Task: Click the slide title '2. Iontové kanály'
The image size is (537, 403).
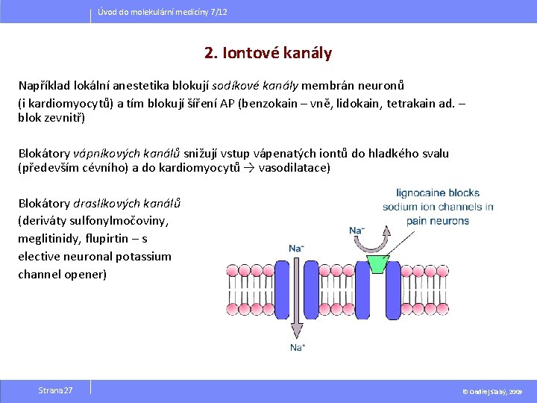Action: click(x=268, y=53)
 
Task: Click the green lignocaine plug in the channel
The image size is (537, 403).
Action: click(x=378, y=263)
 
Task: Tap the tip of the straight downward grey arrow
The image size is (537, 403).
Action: click(x=296, y=337)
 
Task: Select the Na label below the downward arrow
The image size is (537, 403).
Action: click(x=297, y=348)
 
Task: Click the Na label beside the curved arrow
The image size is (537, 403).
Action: click(x=357, y=231)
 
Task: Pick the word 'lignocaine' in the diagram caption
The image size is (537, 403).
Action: click(x=422, y=193)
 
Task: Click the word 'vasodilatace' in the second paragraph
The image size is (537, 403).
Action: click(x=293, y=167)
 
